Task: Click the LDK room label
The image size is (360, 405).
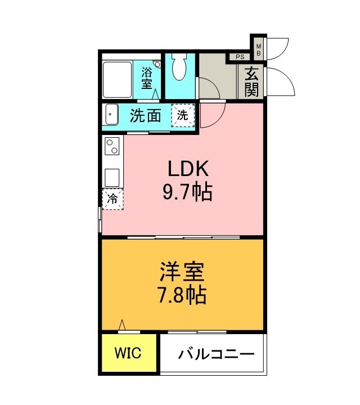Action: click(187, 169)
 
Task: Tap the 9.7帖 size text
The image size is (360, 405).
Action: click(187, 193)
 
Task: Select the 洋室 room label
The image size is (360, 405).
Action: click(181, 272)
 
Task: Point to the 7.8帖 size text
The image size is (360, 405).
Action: click(181, 294)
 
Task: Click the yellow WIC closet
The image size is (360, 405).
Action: click(129, 353)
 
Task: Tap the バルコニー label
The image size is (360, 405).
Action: click(217, 354)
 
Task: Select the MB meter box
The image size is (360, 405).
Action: click(259, 49)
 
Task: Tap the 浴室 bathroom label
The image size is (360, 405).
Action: click(147, 78)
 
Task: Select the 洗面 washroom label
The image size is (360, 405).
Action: click(146, 116)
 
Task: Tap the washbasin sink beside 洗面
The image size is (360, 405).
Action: click(110, 115)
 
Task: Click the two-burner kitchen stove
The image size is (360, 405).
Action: click(111, 147)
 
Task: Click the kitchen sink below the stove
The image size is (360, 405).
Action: click(111, 177)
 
